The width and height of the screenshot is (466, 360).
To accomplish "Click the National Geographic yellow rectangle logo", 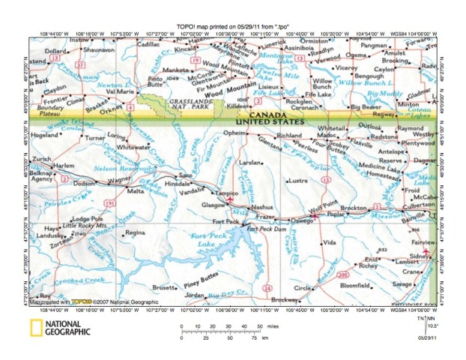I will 36,328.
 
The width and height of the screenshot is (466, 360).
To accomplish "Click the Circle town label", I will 302,288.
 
